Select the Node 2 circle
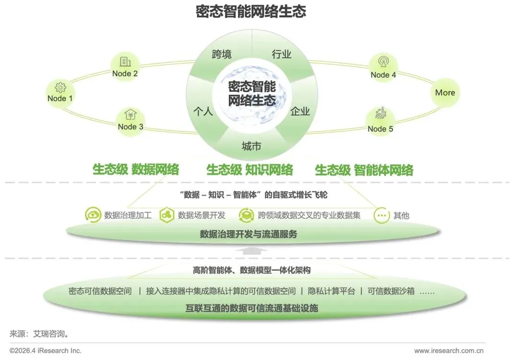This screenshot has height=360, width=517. pos(125,67)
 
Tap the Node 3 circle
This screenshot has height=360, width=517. pos(130,120)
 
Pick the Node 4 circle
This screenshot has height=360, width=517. pos(383,68)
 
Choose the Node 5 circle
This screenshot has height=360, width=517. pos(380,122)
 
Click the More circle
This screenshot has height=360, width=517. pos(445,93)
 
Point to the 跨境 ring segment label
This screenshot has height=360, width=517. pos(222,54)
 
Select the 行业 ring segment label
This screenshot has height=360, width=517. pos(282,54)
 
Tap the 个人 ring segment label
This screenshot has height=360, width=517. pos(203,112)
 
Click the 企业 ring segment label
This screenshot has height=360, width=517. pos(300,112)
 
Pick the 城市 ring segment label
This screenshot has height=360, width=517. pos(251,146)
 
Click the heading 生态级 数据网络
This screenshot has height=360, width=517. pos(136,170)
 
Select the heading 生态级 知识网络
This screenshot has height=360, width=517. pos(249,170)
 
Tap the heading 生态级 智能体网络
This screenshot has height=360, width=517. pos(364,170)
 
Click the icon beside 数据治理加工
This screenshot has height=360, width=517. pos(93,215)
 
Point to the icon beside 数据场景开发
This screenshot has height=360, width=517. pos(166,215)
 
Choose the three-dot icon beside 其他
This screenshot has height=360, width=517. pos(381,215)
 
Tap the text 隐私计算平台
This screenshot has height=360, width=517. pos(331,291)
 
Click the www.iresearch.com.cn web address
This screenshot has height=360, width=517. pos(448,351)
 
